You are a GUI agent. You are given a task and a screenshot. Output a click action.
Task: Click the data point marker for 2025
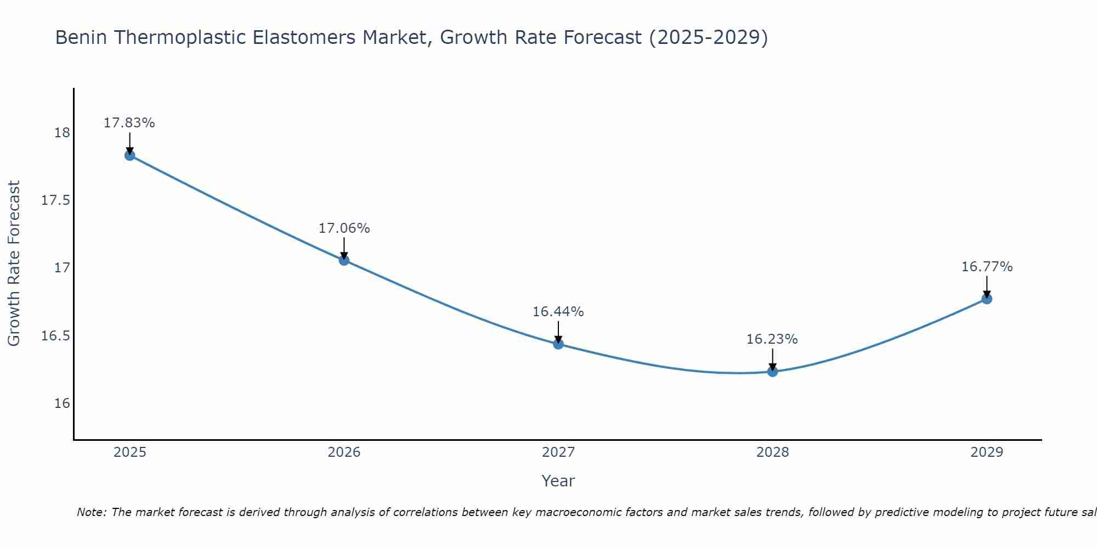click(x=130, y=155)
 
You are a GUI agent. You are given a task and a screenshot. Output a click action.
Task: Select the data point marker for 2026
click(x=344, y=260)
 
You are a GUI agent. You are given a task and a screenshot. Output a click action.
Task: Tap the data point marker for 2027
click(x=558, y=344)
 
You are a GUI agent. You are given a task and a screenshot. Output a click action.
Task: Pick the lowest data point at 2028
click(x=772, y=372)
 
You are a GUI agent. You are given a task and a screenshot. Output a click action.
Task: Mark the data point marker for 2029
click(x=987, y=299)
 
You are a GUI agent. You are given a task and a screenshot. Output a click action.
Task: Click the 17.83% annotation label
click(x=129, y=123)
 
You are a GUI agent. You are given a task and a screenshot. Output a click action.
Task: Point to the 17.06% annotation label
click(x=344, y=228)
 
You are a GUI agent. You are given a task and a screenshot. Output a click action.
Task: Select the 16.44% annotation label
click(x=558, y=312)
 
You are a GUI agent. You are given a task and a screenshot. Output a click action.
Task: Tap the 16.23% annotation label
click(x=772, y=339)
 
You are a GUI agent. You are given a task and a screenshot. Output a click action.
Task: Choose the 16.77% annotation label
click(x=987, y=267)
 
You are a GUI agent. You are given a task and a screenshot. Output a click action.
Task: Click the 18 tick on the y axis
click(x=62, y=133)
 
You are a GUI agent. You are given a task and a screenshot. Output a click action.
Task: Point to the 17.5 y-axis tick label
click(x=56, y=200)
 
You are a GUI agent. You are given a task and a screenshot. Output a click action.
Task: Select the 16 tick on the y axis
click(x=62, y=404)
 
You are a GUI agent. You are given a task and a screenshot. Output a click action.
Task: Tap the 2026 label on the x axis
click(x=344, y=452)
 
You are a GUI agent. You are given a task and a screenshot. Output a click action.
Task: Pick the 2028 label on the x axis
click(x=772, y=452)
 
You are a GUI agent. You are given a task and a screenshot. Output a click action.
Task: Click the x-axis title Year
click(x=558, y=481)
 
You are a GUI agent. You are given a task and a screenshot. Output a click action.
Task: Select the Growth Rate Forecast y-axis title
click(x=14, y=264)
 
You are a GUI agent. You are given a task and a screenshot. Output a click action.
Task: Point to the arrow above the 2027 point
click(x=558, y=331)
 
